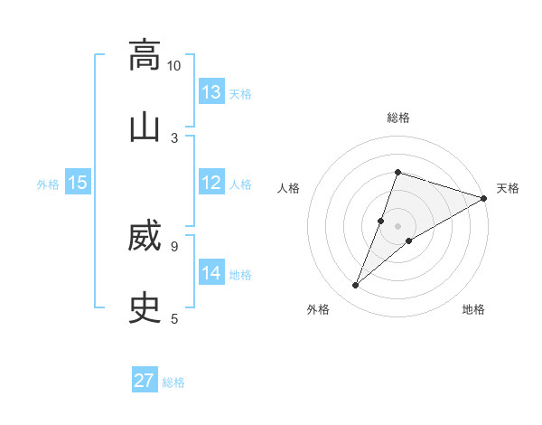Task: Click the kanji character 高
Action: click(x=145, y=55)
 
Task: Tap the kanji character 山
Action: click(x=145, y=127)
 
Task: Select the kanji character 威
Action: click(x=145, y=236)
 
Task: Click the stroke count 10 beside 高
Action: click(x=174, y=65)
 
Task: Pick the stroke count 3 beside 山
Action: click(x=174, y=137)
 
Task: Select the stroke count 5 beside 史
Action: click(x=174, y=318)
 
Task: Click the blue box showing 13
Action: click(x=211, y=92)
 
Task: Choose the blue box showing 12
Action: click(x=211, y=183)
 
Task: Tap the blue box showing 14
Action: click(x=211, y=273)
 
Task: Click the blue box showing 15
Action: click(x=78, y=183)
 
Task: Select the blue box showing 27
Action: click(x=145, y=381)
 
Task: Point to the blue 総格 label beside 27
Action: click(x=173, y=382)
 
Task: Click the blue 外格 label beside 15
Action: click(x=48, y=184)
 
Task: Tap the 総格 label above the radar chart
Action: click(x=398, y=118)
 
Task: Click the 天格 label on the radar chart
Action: click(x=508, y=188)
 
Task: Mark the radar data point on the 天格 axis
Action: click(x=484, y=198)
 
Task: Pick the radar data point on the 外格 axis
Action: click(x=356, y=286)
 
